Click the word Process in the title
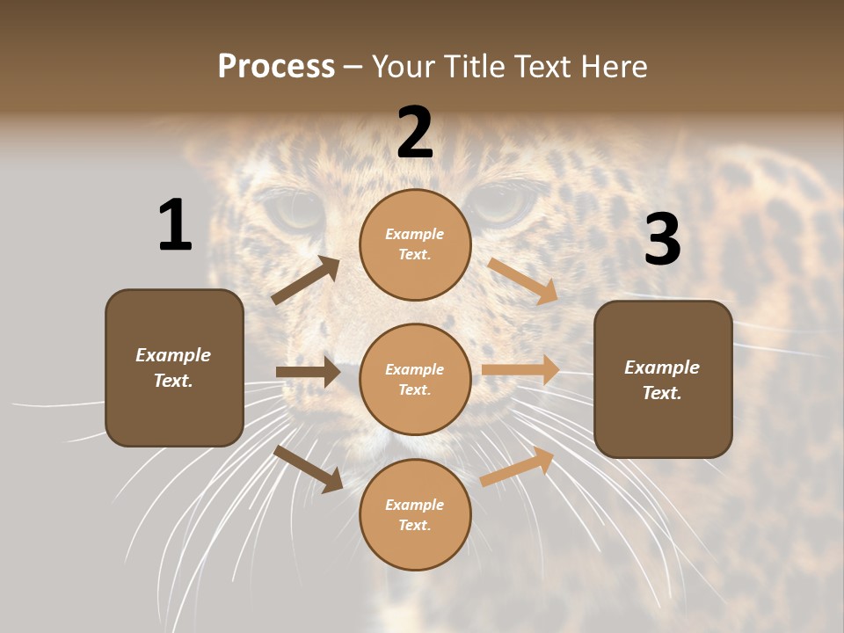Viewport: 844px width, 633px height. [x=276, y=66]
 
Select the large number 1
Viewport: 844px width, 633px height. [x=174, y=226]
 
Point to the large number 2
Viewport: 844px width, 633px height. [x=415, y=134]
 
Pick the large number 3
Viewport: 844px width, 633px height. [x=662, y=240]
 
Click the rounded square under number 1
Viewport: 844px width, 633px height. [x=174, y=367]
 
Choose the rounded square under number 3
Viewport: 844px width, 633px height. [x=663, y=379]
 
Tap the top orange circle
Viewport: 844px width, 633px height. [x=415, y=244]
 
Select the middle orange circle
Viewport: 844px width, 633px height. [x=415, y=379]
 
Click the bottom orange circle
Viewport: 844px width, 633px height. [x=415, y=514]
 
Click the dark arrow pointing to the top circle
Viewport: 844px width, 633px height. [x=306, y=280]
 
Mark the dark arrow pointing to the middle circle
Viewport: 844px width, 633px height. [x=308, y=372]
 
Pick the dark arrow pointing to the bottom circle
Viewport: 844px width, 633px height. [x=309, y=468]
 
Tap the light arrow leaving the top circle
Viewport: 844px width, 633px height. [x=523, y=280]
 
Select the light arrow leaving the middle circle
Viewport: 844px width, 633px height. [x=520, y=370]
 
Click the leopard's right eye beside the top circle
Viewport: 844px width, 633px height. [x=504, y=205]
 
